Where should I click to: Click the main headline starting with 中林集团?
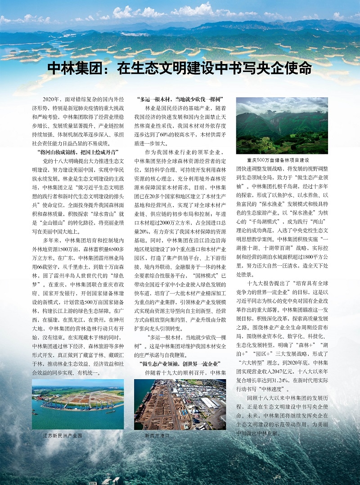(180, 68)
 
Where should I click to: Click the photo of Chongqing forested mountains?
(282, 126)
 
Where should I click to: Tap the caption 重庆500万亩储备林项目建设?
(278, 160)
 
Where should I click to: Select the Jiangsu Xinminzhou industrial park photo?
(77, 404)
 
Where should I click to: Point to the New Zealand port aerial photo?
(180, 404)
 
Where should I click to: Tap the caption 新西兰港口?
(157, 436)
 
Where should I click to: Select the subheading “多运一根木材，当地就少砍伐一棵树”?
(180, 99)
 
